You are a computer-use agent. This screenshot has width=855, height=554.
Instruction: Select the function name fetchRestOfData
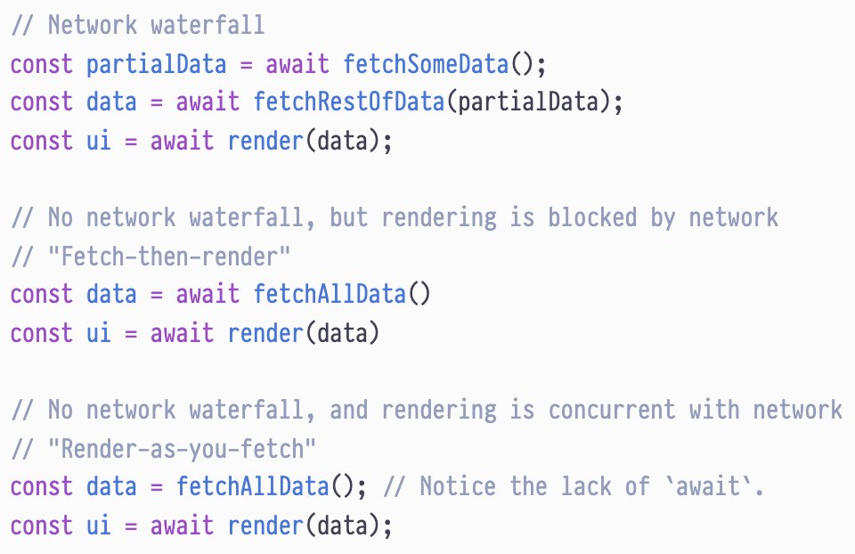tap(348, 102)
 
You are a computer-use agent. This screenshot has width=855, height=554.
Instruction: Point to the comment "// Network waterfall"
tap(137, 25)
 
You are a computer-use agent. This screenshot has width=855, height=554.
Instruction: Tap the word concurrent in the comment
tap(612, 410)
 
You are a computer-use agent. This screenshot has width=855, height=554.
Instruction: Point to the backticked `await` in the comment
tap(708, 487)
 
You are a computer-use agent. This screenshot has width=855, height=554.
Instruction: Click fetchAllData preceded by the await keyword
tap(329, 294)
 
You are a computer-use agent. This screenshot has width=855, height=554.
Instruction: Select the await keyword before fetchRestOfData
tap(208, 102)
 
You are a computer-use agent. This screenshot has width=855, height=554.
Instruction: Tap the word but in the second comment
tap(349, 217)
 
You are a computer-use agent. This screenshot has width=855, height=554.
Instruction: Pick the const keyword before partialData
tap(41, 64)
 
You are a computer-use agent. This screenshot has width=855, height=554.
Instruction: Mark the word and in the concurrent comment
tap(349, 410)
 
